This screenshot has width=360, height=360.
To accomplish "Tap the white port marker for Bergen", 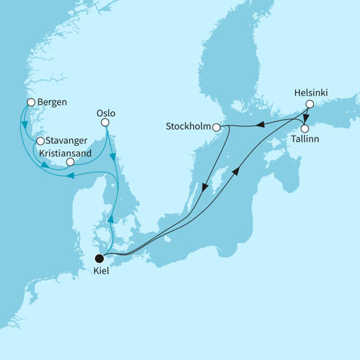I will point(30,103).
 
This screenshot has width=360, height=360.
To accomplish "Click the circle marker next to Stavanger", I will point(40,141).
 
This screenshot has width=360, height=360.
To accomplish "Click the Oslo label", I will point(105,111).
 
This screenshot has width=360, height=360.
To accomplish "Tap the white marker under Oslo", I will point(106,123).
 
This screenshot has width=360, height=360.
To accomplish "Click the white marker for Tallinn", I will point(305,129).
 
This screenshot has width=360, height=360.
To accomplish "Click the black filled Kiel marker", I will point(100,256).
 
